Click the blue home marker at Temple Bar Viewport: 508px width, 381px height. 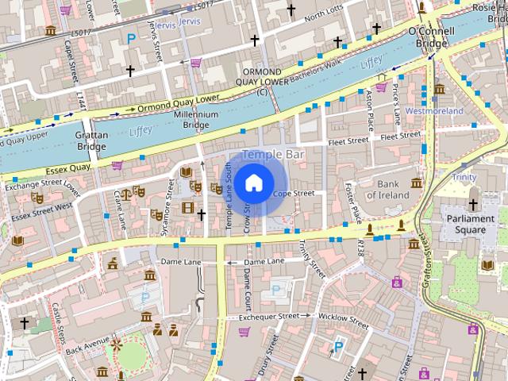click(253, 183)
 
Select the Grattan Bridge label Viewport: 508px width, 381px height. click(91, 140)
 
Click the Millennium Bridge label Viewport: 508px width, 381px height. click(195, 120)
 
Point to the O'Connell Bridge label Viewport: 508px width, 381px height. click(431, 38)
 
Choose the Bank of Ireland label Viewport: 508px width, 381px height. click(387, 189)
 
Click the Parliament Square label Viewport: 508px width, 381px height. click(465, 224)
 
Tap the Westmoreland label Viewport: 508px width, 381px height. click(433, 111)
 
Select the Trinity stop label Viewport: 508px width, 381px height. click(464, 177)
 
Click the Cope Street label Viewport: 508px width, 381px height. click(294, 193)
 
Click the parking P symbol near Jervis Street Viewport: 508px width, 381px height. click(131, 38)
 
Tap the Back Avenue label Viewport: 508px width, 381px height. click(87, 346)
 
